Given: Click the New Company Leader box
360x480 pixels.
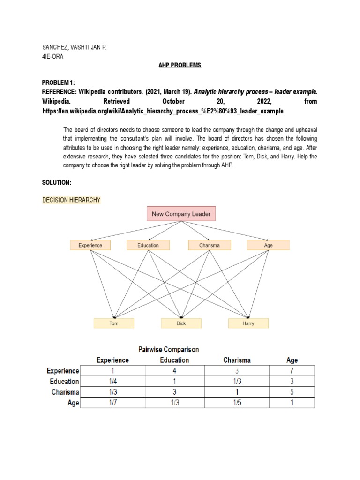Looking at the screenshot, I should [x=181, y=214].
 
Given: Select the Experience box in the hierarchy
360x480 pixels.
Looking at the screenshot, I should [x=90, y=245].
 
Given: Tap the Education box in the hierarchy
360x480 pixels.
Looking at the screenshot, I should [x=148, y=245].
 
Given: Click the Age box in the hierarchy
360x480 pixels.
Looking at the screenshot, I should [x=268, y=245].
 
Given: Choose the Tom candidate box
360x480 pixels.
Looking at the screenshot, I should [x=114, y=323].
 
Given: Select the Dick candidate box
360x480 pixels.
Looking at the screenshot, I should [x=181, y=323].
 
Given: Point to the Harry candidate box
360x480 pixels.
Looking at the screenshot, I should [x=248, y=323].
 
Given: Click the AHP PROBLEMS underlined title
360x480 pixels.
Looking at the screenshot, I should [x=180, y=65].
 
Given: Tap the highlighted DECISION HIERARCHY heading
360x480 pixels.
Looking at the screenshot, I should [x=71, y=200].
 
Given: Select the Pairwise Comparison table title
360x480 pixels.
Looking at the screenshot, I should [x=168, y=349].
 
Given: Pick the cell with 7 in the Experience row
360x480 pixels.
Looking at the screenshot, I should [x=292, y=371].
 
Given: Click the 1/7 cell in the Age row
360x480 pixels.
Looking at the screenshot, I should [x=112, y=403].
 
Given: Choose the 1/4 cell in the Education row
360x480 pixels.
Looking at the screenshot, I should [x=112, y=382].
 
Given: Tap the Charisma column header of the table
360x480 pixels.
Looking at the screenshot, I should [x=237, y=360].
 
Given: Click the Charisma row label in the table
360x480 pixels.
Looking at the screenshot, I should [x=65, y=392].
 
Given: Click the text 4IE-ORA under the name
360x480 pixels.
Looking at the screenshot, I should [x=53, y=57].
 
